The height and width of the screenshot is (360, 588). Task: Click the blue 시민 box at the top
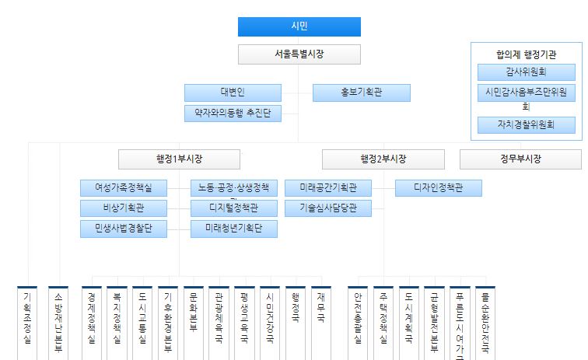coord(299,26)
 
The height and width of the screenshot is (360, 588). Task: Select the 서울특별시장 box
coord(299,54)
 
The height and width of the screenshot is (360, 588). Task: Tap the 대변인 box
coord(233,93)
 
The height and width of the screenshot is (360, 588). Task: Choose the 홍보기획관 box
coord(361,93)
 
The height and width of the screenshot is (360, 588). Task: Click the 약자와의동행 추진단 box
coord(233,113)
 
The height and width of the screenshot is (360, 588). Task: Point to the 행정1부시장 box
coord(179,159)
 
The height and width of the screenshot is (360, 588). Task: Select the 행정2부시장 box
coord(383,159)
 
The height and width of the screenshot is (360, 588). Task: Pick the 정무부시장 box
coord(520,159)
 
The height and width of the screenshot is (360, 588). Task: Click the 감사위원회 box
coord(527,72)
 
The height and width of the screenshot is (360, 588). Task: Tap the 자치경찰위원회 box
coord(527,124)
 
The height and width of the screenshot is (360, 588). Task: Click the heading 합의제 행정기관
coord(527,54)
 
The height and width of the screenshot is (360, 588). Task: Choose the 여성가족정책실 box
coord(124,187)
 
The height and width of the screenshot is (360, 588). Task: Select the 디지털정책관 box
coord(233,208)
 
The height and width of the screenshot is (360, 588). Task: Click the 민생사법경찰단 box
coord(124,229)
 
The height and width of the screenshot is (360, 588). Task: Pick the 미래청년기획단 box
coord(233,229)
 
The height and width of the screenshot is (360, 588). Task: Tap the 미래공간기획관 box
coord(328,187)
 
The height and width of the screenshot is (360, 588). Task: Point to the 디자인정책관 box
coord(438,187)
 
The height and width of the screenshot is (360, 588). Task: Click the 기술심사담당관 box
coord(328,208)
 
